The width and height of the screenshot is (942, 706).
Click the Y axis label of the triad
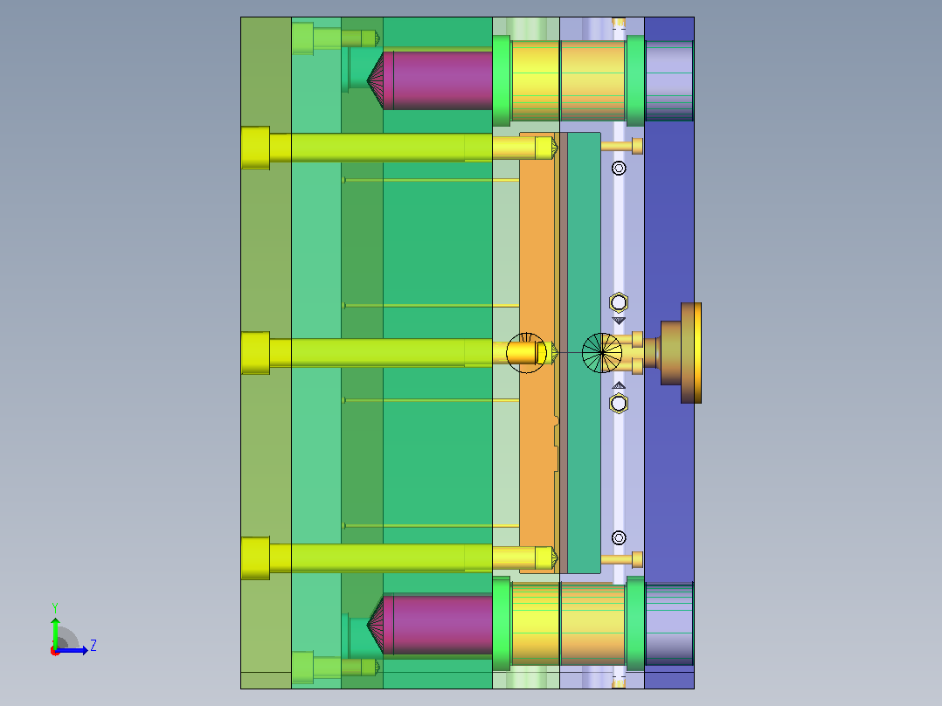click(55, 607)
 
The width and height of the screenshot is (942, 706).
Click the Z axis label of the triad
click(94, 646)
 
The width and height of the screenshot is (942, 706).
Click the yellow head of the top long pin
click(255, 148)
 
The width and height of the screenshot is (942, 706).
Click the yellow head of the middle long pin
click(255, 353)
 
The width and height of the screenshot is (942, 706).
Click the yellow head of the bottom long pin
click(255, 558)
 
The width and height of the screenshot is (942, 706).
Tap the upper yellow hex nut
click(619, 302)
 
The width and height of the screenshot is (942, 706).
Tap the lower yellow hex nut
click(619, 403)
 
